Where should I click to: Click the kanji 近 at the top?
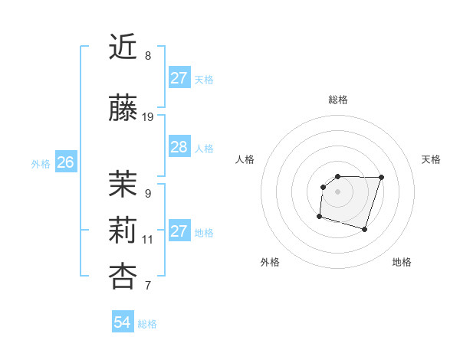(123, 48)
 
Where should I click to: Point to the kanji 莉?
(123, 229)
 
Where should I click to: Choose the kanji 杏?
(123, 276)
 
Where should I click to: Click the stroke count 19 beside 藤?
(148, 117)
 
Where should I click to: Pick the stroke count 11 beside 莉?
(148, 240)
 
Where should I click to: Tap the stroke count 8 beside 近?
(148, 56)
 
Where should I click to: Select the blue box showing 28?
(179, 147)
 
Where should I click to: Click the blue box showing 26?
(66, 162)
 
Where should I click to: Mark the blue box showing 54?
(123, 322)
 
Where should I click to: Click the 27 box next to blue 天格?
(179, 77)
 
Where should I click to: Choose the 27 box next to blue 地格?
(179, 231)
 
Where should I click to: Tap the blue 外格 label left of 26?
(41, 163)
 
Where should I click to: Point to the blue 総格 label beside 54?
(147, 324)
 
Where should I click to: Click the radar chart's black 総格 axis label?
(337, 100)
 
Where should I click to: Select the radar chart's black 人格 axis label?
(245, 159)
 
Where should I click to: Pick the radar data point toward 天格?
(382, 177)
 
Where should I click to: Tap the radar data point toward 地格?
(365, 230)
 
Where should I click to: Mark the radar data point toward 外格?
(319, 217)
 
